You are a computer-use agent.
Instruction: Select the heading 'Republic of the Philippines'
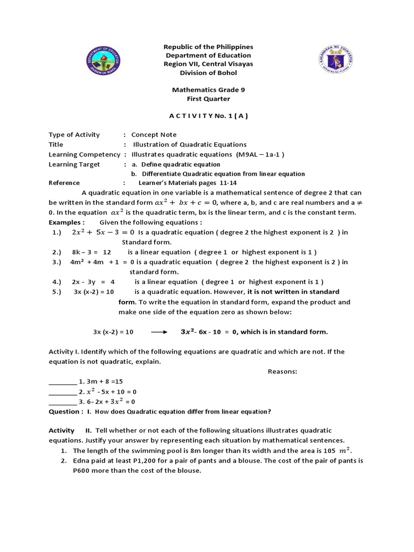208,47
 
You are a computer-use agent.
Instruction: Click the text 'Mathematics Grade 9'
208,90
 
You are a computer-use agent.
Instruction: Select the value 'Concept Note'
154,135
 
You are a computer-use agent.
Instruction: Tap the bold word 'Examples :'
67,222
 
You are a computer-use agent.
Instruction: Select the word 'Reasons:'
282,371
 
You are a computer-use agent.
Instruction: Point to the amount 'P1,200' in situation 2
131,461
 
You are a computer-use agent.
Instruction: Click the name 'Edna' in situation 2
81,461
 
